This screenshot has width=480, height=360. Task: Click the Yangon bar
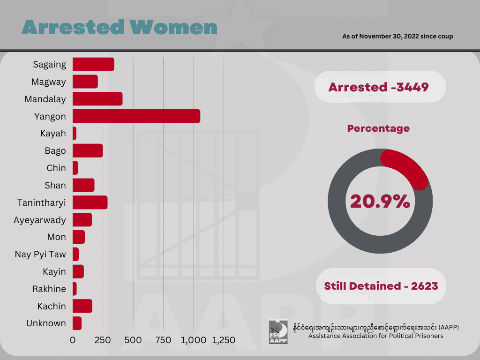click(x=136, y=116)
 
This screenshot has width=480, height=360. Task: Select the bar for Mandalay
click(x=97, y=99)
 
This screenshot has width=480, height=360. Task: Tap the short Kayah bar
click(x=75, y=134)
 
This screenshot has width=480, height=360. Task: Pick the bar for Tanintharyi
click(x=90, y=202)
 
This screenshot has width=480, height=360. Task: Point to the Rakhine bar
click(x=75, y=289)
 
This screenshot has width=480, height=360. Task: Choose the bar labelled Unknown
click(x=77, y=323)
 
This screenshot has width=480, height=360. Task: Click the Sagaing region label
click(x=50, y=65)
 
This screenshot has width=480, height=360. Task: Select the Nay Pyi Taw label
click(x=40, y=255)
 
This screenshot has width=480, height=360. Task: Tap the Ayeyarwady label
click(x=40, y=220)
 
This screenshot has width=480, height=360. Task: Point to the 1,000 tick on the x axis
click(x=194, y=340)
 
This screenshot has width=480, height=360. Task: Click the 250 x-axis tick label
click(x=103, y=340)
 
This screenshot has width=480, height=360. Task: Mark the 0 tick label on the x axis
click(x=73, y=340)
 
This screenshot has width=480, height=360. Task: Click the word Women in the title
click(x=173, y=27)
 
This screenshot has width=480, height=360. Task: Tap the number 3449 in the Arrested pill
click(x=412, y=87)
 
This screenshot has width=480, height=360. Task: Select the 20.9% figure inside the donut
click(x=380, y=202)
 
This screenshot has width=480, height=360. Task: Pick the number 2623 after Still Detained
click(x=424, y=286)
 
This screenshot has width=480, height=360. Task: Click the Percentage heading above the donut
click(x=378, y=128)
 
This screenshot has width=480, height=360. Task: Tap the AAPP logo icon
click(x=278, y=331)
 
